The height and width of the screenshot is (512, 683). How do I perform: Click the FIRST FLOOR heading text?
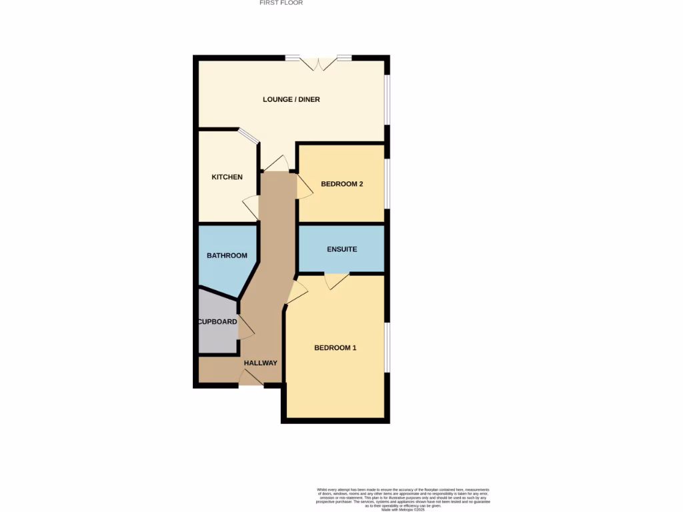(281, 3)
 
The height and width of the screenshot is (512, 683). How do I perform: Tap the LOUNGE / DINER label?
(291, 100)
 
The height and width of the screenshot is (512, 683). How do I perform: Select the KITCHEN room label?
(227, 177)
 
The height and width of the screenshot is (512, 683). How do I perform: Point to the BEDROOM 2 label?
(341, 184)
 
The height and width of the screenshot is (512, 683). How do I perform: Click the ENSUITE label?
(341, 249)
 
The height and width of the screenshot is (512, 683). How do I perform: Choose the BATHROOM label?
(227, 255)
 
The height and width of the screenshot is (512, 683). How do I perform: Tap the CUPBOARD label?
(217, 322)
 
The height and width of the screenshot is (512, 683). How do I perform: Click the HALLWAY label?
(260, 363)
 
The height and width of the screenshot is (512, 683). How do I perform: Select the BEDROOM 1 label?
(335, 348)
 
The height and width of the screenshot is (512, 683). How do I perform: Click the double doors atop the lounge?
(318, 63)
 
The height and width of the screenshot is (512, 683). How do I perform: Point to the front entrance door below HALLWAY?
(251, 379)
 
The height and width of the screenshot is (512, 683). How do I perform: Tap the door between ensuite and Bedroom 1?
(337, 281)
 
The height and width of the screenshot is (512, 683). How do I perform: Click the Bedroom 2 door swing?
(304, 187)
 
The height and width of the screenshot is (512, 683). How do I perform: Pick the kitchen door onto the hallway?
(251, 207)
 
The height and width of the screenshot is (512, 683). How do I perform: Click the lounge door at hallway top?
(276, 164)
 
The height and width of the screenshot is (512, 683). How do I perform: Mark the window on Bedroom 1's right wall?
(388, 347)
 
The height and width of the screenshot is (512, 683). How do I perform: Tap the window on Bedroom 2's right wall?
(388, 183)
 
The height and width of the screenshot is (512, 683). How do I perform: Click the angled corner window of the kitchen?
(249, 135)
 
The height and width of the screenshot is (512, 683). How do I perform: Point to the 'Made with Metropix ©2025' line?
(402, 509)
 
